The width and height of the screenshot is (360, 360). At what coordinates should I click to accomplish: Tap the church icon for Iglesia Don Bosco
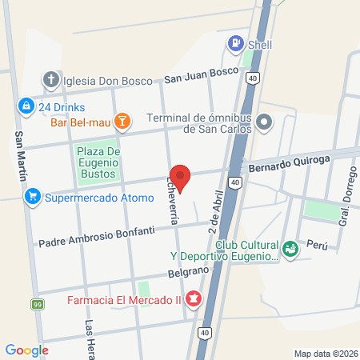pyautogui.click(x=50, y=79)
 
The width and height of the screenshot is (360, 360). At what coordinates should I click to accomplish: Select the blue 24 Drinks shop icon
pyautogui.click(x=26, y=106)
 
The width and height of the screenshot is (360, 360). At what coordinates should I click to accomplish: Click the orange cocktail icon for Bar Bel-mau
pyautogui.click(x=122, y=121)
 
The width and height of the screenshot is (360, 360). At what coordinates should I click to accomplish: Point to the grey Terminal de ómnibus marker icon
pyautogui.click(x=266, y=122)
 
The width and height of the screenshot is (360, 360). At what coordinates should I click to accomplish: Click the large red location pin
pyautogui.click(x=181, y=178)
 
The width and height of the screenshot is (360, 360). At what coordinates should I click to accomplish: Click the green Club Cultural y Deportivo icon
pyautogui.click(x=290, y=248)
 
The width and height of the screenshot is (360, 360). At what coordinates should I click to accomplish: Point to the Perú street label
pyautogui.click(x=318, y=247)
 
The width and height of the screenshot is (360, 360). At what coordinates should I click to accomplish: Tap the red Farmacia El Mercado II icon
pyautogui.click(x=192, y=301)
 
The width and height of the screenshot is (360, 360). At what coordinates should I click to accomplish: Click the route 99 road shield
pyautogui.click(x=38, y=305)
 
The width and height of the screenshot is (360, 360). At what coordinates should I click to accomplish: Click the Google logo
pyautogui.click(x=27, y=350)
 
